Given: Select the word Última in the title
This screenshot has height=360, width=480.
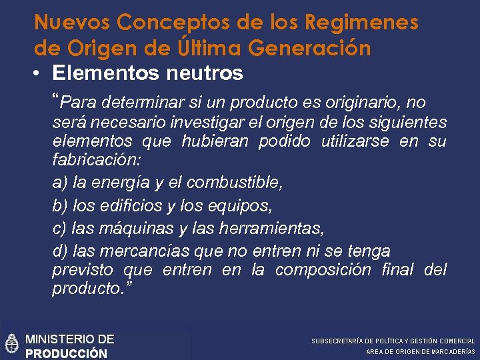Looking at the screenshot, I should (x=211, y=49).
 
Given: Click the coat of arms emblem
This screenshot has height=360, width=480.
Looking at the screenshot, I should (x=11, y=343).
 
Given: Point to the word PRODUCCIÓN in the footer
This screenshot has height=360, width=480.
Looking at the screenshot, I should (x=66, y=353).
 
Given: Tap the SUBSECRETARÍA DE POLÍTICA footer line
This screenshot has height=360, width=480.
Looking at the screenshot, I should (x=393, y=341).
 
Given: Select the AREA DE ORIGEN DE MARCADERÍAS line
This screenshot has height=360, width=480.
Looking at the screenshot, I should (x=420, y=351).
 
